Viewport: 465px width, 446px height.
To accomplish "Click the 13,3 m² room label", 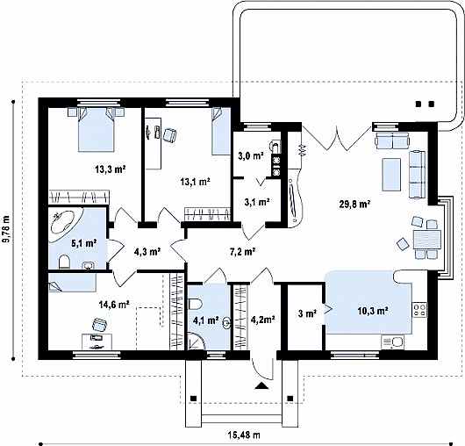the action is (x=111, y=169).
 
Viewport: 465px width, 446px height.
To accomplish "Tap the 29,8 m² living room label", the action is (x=354, y=205).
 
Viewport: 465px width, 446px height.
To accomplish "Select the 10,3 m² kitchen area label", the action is (x=373, y=311).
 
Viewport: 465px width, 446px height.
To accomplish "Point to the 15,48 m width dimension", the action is (x=244, y=435).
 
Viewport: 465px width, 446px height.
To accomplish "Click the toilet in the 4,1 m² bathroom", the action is (x=196, y=304).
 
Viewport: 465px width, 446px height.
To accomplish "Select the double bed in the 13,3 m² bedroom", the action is (x=97, y=130).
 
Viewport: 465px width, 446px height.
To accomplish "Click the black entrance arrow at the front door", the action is (x=261, y=385).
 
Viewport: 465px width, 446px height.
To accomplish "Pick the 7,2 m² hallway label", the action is (x=243, y=252).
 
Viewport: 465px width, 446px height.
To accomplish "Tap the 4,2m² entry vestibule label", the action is (x=262, y=320).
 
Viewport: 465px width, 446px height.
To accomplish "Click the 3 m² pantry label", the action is (x=307, y=313).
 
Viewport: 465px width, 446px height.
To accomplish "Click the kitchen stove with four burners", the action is (x=419, y=310).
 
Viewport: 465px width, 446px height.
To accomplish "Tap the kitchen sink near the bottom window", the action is (x=392, y=342).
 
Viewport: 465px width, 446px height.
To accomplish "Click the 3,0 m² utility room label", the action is (x=251, y=155).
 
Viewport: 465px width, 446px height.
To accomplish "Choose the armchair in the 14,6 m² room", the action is (x=99, y=324).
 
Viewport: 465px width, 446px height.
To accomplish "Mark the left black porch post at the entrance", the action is (x=193, y=399).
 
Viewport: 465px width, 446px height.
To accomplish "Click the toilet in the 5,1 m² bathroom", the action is (x=64, y=262).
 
